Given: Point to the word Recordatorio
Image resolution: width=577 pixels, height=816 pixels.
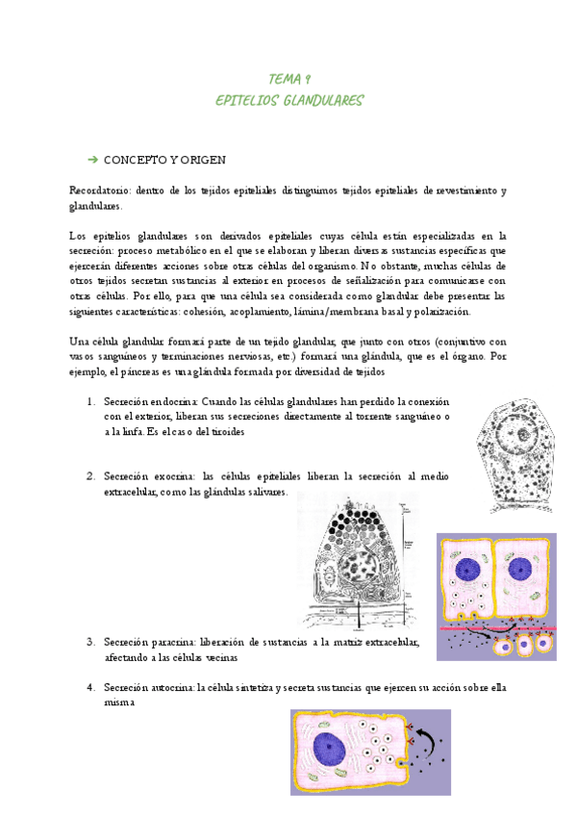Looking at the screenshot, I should click(x=99, y=191).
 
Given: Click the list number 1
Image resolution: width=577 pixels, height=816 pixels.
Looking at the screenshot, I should click(x=89, y=401).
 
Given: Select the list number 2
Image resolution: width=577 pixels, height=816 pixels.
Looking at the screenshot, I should click(x=89, y=475).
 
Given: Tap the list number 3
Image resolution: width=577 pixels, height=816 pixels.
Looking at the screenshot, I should click(x=89, y=641).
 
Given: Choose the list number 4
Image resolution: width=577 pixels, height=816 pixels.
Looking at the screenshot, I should click(x=89, y=687).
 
